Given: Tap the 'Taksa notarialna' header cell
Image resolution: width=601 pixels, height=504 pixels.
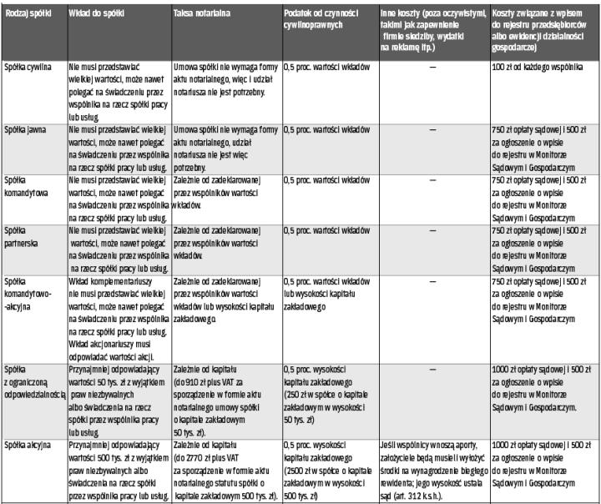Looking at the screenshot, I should pyautogui.click(x=204, y=16).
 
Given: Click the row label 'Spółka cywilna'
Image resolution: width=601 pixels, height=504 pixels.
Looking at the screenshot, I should pyautogui.click(x=28, y=64).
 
